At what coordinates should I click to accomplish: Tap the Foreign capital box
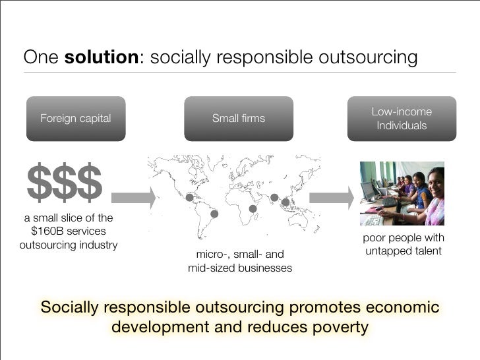[x=76, y=119]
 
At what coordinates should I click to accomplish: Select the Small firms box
[x=238, y=119]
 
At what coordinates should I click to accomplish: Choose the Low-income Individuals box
[x=402, y=119]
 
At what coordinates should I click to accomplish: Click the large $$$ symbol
[x=65, y=182]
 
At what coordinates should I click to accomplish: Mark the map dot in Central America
[x=190, y=196]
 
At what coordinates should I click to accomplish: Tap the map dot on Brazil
[x=214, y=214]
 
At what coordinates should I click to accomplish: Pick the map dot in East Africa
[x=253, y=209]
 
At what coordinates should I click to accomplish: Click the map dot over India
[x=274, y=197]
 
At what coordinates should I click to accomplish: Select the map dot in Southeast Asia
[x=285, y=202]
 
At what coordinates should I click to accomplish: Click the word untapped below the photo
[x=388, y=251]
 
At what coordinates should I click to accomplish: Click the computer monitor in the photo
[x=369, y=191]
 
